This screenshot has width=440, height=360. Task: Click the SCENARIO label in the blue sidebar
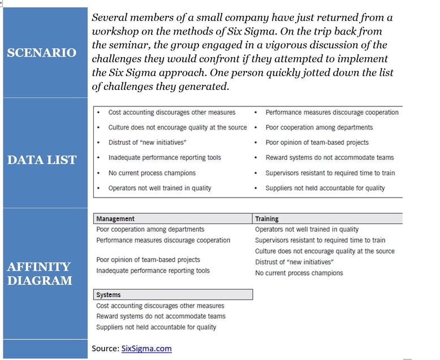(x=41, y=53)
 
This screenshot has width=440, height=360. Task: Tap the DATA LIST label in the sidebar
(x=41, y=160)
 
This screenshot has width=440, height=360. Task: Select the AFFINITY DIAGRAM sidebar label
(x=39, y=273)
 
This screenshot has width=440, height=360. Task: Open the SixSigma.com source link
(x=146, y=349)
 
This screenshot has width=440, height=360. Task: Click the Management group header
(x=115, y=218)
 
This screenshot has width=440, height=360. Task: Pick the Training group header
(x=267, y=218)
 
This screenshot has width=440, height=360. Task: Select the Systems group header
(x=109, y=295)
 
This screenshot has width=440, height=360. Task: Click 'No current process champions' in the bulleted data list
(x=152, y=173)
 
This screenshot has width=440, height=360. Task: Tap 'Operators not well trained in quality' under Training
(x=307, y=229)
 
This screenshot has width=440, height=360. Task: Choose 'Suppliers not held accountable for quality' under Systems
(x=156, y=327)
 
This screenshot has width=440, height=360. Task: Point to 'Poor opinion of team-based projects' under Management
(x=148, y=260)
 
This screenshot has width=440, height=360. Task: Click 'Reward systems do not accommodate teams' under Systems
(x=161, y=316)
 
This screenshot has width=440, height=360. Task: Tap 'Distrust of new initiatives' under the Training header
(x=294, y=262)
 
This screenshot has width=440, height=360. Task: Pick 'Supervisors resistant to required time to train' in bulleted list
(x=330, y=173)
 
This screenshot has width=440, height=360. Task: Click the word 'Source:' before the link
(x=105, y=349)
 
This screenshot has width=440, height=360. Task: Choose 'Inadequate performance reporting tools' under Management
(x=153, y=271)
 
